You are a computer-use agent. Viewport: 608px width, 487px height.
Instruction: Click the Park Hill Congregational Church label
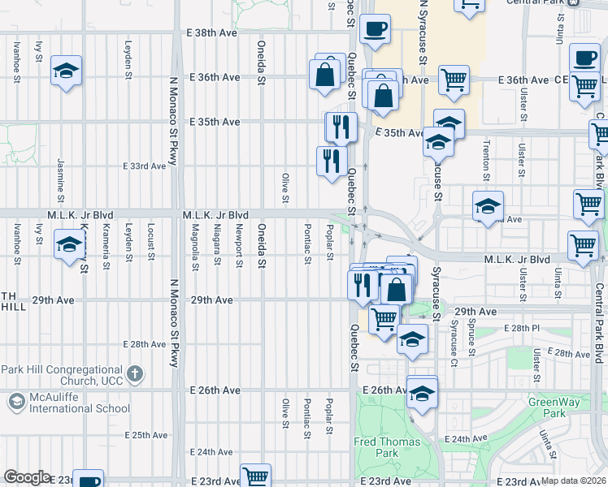point(61,375)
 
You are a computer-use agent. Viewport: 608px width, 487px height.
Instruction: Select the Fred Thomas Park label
point(387,447)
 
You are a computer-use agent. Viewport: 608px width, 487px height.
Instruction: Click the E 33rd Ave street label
point(145,166)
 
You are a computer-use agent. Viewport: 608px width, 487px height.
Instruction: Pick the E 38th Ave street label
point(214,33)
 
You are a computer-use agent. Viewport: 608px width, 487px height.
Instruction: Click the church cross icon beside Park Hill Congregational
point(136,374)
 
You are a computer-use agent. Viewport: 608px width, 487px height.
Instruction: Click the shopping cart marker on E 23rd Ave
point(256,476)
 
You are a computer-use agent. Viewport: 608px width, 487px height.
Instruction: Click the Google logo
point(27,477)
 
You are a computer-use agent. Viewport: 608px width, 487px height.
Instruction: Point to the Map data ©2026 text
point(574,481)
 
